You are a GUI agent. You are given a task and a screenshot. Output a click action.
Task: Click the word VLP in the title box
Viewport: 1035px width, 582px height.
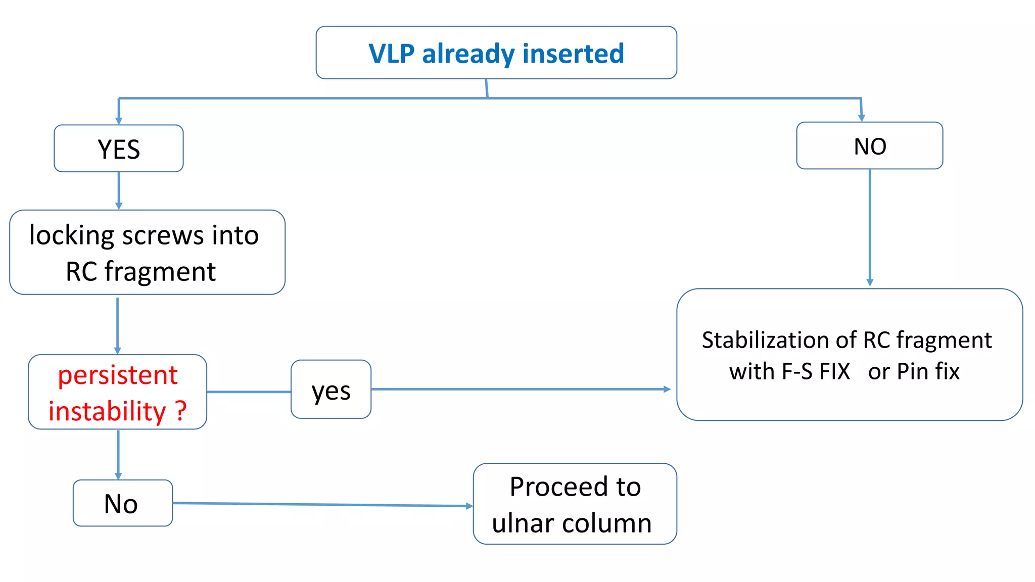(x=391, y=54)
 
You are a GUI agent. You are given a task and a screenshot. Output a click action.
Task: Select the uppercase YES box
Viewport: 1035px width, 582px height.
(x=119, y=149)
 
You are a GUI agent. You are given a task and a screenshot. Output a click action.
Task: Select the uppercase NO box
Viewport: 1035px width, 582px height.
(x=869, y=146)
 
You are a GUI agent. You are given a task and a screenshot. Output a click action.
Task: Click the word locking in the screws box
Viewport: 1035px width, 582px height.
(x=71, y=236)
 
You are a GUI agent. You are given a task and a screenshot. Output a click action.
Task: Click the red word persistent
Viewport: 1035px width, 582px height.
(x=117, y=375)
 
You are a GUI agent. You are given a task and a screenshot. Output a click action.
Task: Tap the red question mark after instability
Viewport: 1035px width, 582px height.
(x=181, y=411)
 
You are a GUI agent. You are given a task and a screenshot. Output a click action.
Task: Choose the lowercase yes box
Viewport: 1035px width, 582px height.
(x=331, y=390)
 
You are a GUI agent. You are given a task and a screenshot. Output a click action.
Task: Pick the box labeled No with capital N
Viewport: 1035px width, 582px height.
(x=122, y=504)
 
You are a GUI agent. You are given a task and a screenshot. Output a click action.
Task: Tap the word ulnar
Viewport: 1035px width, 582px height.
(x=522, y=523)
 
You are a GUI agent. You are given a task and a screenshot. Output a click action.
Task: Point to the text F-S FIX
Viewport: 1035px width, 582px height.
(x=815, y=372)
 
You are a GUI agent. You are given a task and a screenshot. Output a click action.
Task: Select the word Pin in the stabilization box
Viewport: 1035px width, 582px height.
(x=913, y=372)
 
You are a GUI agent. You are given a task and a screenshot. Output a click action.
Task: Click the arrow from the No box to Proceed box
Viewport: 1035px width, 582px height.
(x=323, y=504)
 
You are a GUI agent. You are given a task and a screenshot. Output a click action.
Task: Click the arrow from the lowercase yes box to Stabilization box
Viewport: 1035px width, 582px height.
(x=521, y=389)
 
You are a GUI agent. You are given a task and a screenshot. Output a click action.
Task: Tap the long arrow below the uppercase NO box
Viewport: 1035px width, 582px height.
(x=870, y=227)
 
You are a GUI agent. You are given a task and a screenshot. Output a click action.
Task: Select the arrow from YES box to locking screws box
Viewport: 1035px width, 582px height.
(x=119, y=190)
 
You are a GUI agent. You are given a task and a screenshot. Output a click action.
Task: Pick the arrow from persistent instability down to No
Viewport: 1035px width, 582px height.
(x=118, y=454)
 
